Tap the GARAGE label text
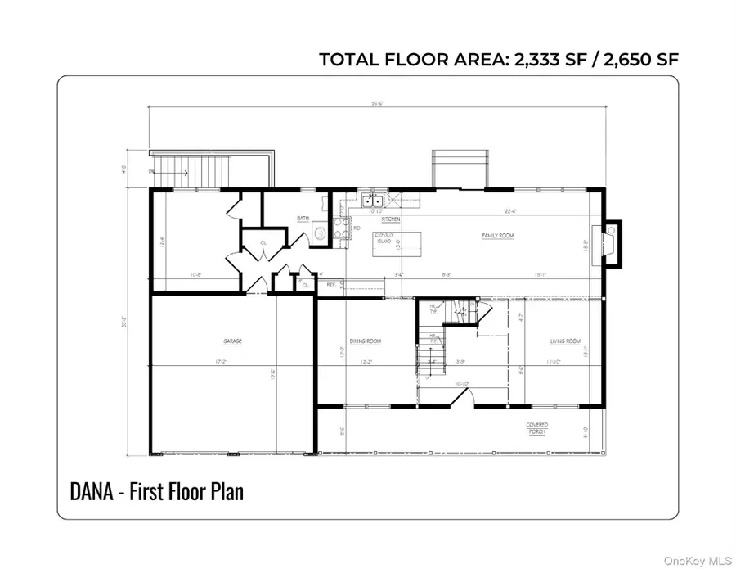[x=233, y=341]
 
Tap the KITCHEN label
[x=390, y=219]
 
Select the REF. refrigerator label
[x=331, y=284]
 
